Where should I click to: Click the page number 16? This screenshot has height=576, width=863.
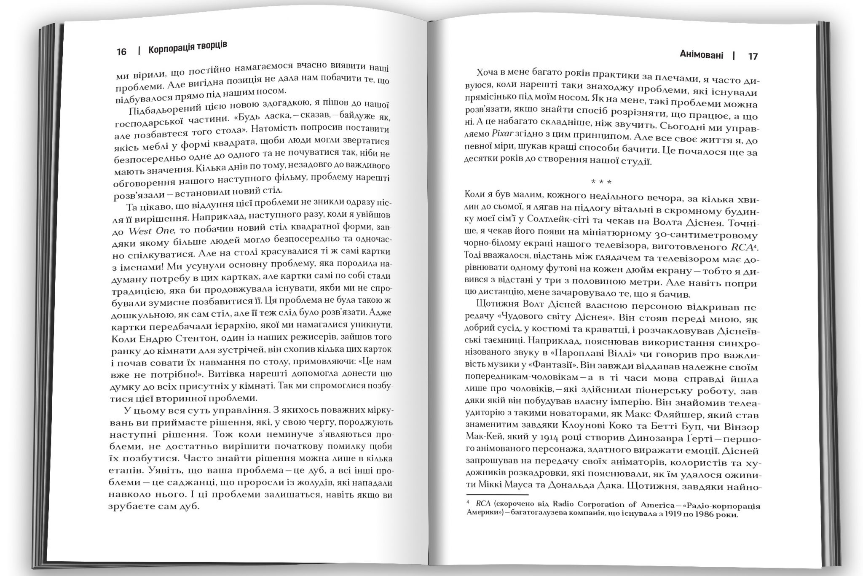coord(121,52)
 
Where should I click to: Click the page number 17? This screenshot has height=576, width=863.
coord(753,57)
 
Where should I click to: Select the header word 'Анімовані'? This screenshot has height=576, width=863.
coord(702,55)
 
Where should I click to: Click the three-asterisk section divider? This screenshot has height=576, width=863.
coord(601,182)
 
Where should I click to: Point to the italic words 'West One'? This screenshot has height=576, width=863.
coord(151,231)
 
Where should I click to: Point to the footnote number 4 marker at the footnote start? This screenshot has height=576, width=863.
coord(468,503)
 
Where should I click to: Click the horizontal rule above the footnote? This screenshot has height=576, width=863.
coord(497,495)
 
